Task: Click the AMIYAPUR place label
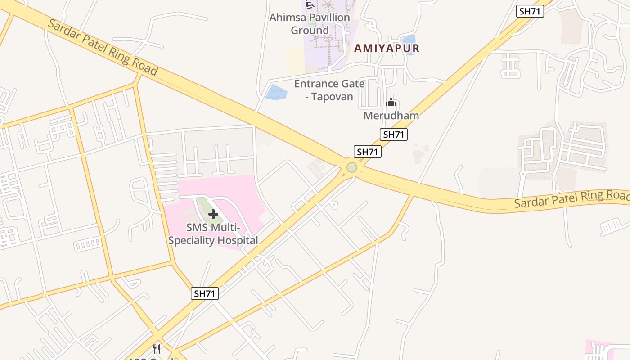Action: coord(387,48)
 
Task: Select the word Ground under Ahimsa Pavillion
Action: coord(310,31)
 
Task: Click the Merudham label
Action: coord(391,116)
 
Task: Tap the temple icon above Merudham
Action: coord(391,103)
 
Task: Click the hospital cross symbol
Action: coord(213,214)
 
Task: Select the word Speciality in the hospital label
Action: coord(192,241)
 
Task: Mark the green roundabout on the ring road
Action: coord(352,167)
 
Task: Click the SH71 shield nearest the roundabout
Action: coord(367,152)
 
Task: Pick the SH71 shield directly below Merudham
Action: coord(394,134)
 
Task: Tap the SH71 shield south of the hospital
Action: coord(204,294)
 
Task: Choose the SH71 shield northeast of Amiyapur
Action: coord(530,11)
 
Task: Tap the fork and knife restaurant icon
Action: coord(157,349)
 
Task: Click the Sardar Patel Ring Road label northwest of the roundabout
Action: coord(103,47)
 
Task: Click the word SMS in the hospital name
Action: coord(197,228)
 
